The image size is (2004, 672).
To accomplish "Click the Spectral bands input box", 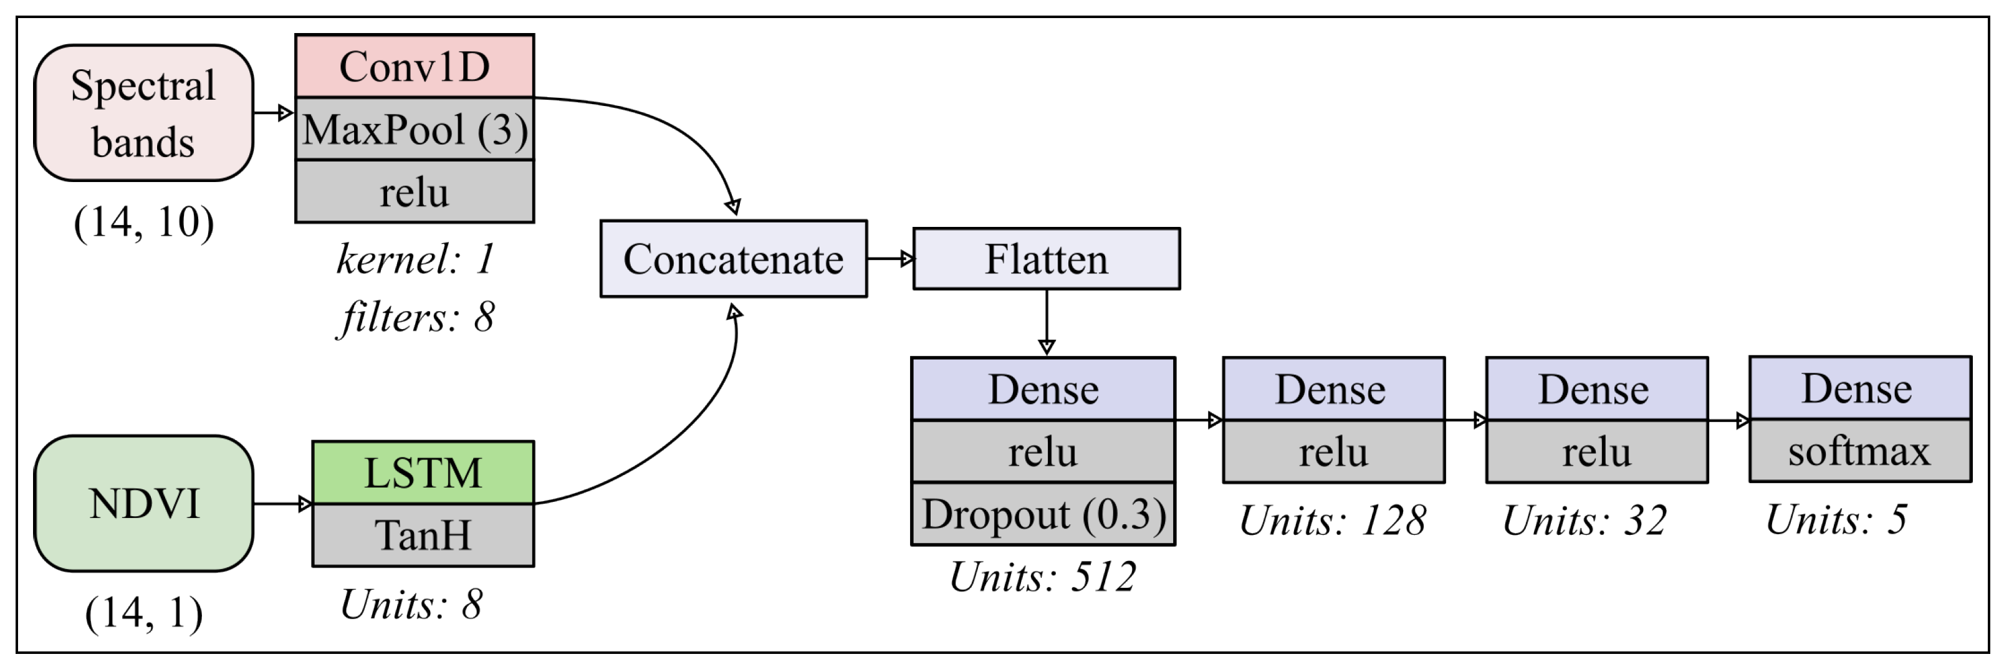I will (144, 113).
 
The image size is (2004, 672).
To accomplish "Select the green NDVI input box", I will (144, 503).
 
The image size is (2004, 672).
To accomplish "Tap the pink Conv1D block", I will (415, 67).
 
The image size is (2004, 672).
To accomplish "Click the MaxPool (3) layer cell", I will (415, 129).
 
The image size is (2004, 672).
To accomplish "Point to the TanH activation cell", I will (423, 535).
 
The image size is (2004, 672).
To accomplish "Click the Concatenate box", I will (734, 259).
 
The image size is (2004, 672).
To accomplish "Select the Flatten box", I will (1047, 259).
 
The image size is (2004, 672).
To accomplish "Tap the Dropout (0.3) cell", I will (1043, 514).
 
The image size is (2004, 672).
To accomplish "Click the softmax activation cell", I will (1859, 452).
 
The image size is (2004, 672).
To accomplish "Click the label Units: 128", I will (1333, 521).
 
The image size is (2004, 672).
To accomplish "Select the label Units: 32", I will (1585, 521).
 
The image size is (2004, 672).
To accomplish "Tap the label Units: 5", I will (1836, 519).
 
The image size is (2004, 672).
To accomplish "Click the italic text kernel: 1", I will (415, 259).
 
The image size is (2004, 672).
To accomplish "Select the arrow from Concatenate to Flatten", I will (890, 259).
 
